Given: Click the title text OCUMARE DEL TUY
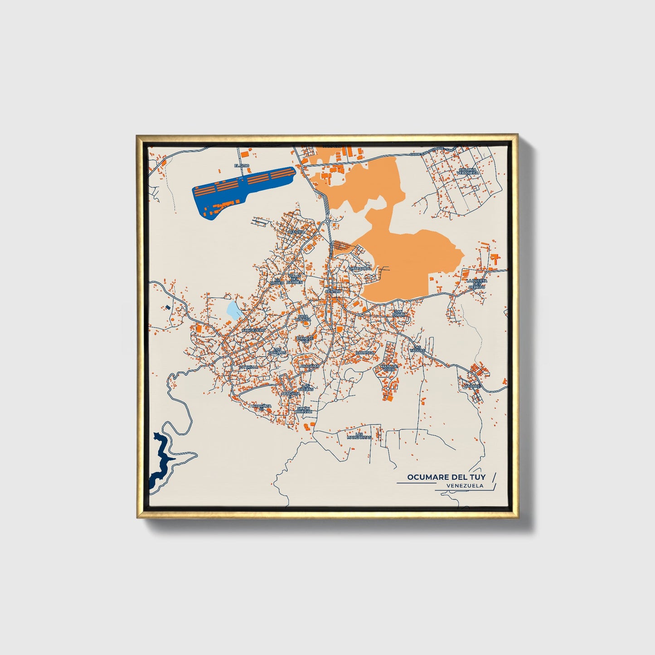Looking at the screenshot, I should click(446, 477).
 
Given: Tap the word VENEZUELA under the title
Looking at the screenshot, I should click(465, 485).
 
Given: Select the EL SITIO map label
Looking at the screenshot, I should click(242, 166).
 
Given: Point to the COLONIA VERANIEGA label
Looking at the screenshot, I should click(467, 171).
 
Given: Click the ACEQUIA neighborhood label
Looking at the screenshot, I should click(296, 231).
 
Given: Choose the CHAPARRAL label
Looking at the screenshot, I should click(360, 268).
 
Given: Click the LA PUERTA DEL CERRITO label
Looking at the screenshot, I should click(476, 284).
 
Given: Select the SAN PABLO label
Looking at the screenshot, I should click(399, 313).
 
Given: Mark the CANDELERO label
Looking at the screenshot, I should click(253, 330).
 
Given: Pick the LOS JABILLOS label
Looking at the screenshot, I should click(277, 350).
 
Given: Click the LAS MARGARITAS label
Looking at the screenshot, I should click(359, 436).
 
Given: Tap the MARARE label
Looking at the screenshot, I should click(471, 386).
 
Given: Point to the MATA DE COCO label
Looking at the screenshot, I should click(389, 368).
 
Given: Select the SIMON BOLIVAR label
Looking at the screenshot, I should click(304, 410).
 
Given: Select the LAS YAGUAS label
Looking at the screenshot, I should click(417, 349).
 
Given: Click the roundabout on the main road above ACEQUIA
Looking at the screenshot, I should click(327, 222).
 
